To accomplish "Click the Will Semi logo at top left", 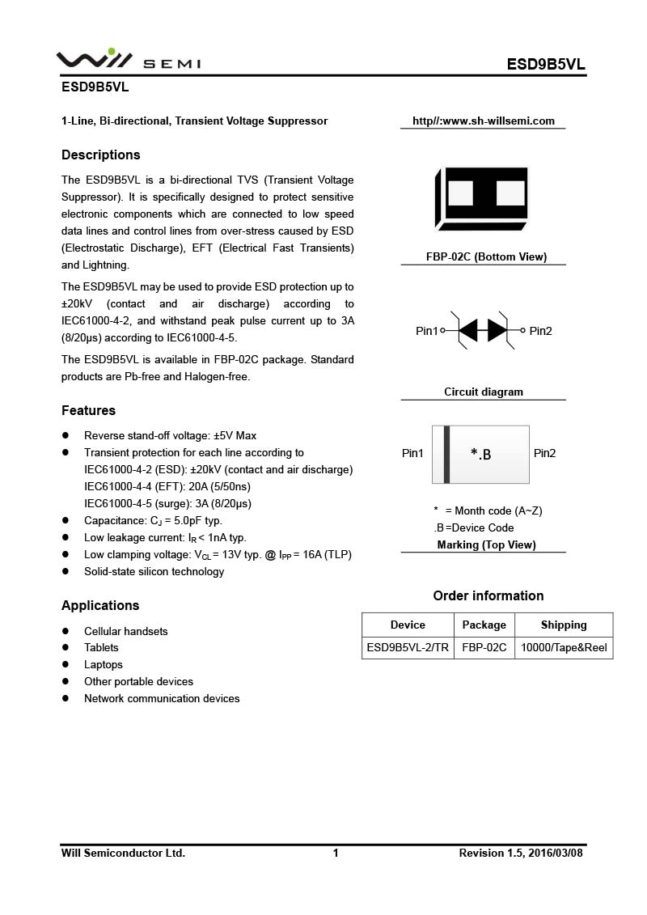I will (x=129, y=61).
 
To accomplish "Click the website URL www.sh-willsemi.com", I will (x=484, y=121).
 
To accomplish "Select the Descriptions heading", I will (x=101, y=155).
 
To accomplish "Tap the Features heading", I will (x=88, y=410).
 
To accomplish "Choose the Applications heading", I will (x=100, y=605).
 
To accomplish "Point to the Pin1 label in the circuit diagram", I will (x=426, y=331).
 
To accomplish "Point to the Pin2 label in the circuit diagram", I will (x=541, y=331).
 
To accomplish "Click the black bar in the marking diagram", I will (x=446, y=454).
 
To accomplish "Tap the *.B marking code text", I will (x=480, y=455).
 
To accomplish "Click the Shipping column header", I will (x=564, y=625).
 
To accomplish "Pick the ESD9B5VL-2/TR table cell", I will (x=408, y=647).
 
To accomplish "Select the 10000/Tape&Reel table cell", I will (x=564, y=647).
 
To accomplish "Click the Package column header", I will (x=484, y=625).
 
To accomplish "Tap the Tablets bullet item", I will (x=101, y=647).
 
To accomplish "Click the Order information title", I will (x=488, y=595).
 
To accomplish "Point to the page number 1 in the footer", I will (x=336, y=853).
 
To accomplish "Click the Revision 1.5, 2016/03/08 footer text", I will (x=521, y=853).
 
